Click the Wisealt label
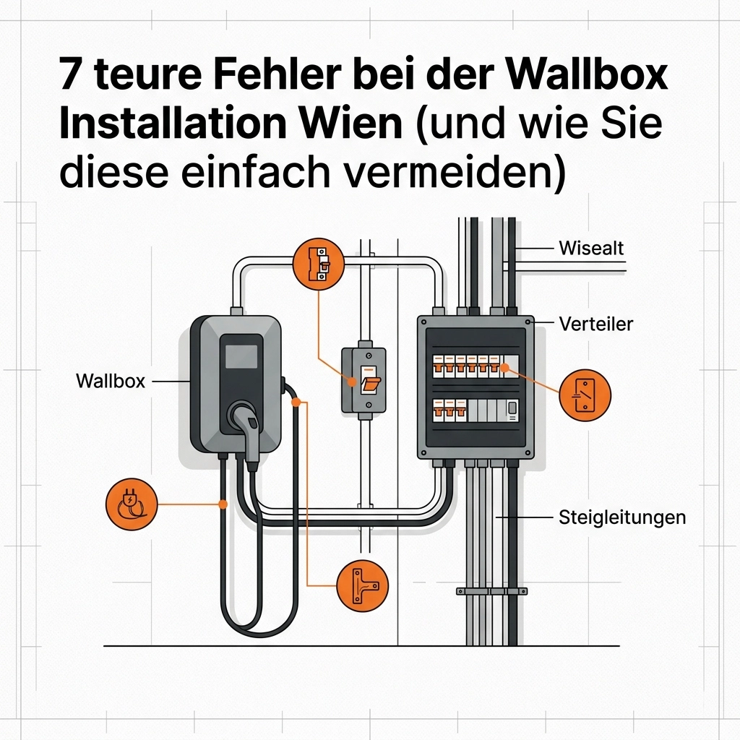[x=591, y=248]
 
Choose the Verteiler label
[x=595, y=324]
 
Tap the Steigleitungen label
[x=622, y=517]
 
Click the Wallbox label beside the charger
[x=111, y=381]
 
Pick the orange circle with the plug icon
[x=132, y=504]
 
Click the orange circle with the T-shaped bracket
[x=363, y=586]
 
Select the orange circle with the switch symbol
[x=585, y=395]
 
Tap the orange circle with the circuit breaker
[x=319, y=264]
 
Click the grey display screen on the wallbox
[x=241, y=356]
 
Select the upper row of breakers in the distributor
[x=476, y=366]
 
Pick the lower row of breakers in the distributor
[x=476, y=410]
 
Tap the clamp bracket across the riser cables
[x=491, y=591]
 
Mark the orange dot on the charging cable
[x=296, y=402]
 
